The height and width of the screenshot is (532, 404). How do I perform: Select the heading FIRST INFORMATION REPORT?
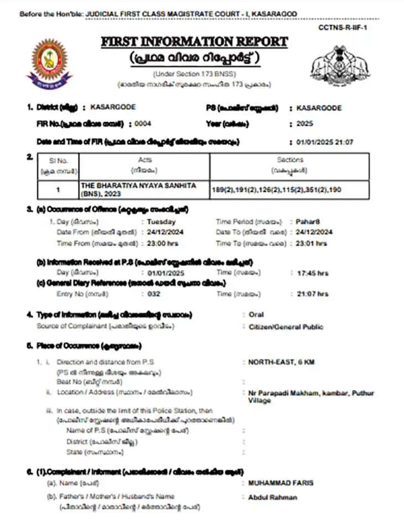(194, 42)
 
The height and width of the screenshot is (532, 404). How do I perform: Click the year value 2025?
(305, 124)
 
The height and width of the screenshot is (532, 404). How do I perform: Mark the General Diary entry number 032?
(154, 294)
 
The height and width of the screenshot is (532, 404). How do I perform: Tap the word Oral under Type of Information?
(257, 315)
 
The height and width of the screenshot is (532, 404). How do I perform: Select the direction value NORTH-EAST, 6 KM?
(278, 362)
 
